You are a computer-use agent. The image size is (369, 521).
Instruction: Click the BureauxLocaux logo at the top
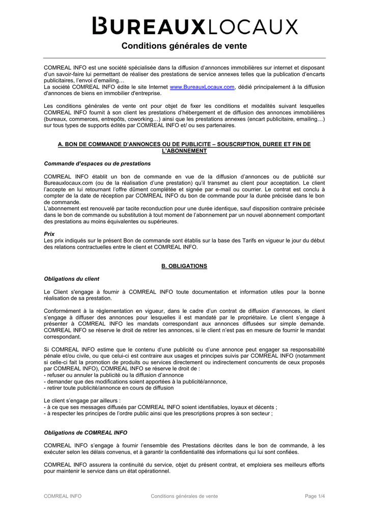click(195, 26)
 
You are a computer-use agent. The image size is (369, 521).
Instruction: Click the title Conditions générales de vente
click(184, 46)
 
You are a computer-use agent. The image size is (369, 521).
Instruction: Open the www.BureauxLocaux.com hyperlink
click(202, 87)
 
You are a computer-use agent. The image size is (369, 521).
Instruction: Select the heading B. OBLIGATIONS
click(184, 266)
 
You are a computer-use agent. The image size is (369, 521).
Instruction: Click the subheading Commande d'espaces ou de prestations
click(97, 164)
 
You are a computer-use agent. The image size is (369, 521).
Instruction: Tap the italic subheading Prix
click(49, 234)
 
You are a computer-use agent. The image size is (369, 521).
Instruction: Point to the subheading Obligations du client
click(72, 279)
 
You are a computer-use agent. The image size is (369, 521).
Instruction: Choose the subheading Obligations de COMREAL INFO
click(86, 432)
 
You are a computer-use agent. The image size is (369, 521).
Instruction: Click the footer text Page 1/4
click(315, 496)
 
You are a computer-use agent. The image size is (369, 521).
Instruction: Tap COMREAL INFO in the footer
click(63, 496)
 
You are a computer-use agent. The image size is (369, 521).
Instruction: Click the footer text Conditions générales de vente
click(184, 496)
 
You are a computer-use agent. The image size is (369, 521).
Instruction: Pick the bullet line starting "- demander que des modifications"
click(135, 382)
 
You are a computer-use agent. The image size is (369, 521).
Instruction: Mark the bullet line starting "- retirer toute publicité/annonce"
click(109, 388)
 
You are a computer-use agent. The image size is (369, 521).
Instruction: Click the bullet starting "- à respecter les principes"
click(158, 414)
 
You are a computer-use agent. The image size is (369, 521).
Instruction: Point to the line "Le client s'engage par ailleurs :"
click(82, 400)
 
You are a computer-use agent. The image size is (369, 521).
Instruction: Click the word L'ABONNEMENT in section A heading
click(184, 151)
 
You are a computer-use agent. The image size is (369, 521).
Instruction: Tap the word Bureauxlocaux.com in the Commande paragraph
click(68, 183)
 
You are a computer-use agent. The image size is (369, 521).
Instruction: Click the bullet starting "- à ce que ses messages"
click(161, 407)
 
